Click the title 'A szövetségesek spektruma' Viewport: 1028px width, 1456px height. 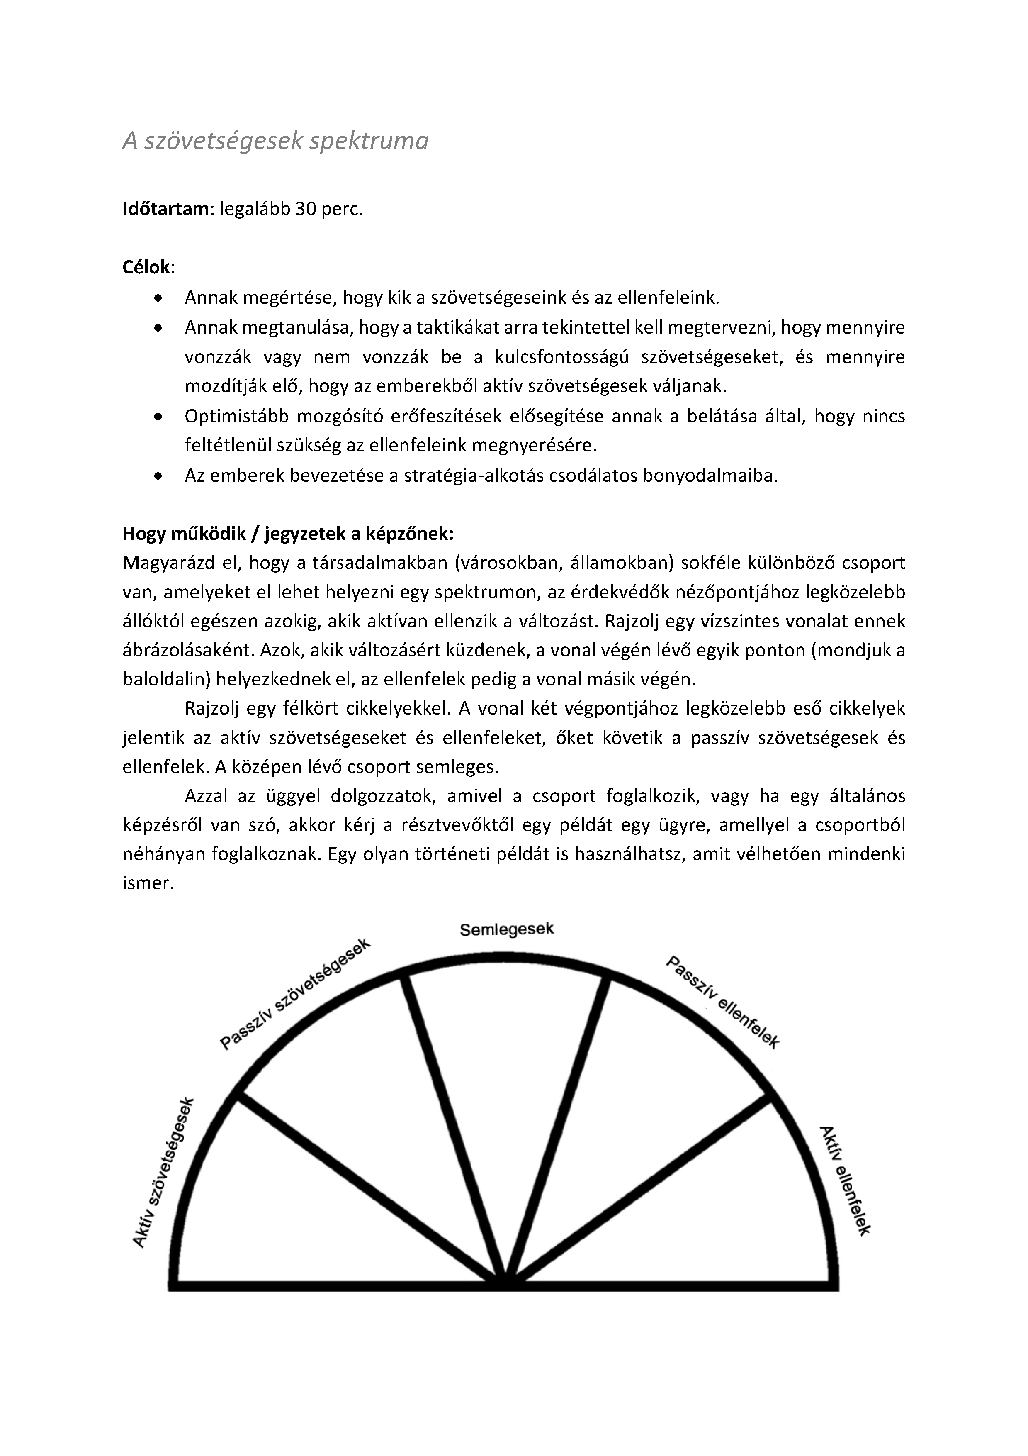coord(275,141)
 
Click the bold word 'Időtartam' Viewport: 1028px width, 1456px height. coord(165,209)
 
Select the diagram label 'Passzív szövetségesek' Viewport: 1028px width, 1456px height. coord(295,994)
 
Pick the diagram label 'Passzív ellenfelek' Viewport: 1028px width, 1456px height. coord(722,1002)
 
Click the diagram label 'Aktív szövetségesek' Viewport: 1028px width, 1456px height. coord(163,1172)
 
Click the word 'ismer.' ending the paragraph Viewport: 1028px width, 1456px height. coord(148,883)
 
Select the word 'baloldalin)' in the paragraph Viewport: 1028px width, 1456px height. coord(165,679)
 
